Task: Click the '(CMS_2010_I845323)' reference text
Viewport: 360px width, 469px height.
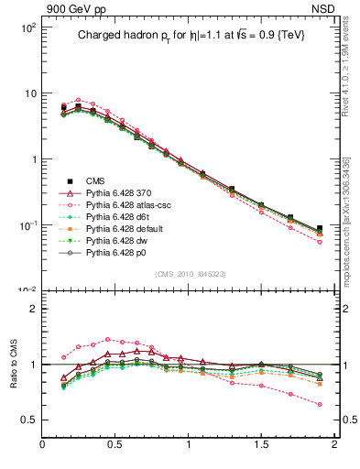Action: pyautogui.click(x=188, y=274)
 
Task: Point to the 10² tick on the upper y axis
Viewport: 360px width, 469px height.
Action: pyautogui.click(x=27, y=28)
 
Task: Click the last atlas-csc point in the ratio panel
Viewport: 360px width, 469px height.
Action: pyautogui.click(x=320, y=404)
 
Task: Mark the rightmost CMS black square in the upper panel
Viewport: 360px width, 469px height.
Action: pyautogui.click(x=320, y=229)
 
